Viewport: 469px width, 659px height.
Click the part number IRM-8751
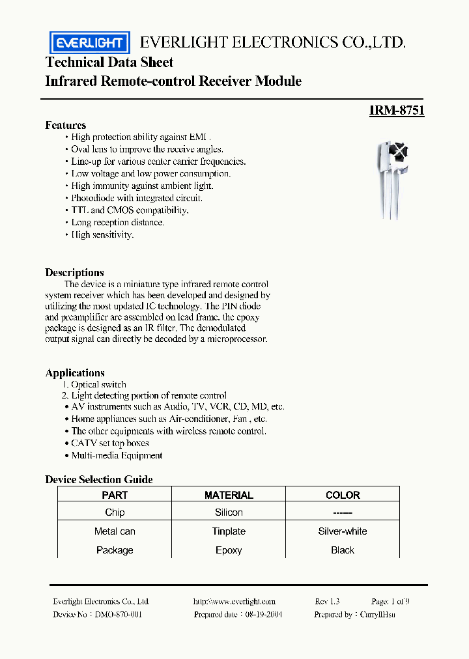pos(396,111)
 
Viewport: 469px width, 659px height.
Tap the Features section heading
pos(65,125)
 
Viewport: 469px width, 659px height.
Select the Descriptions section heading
pos(74,272)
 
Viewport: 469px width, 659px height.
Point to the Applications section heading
pos(75,372)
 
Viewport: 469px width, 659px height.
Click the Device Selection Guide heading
pos(99,479)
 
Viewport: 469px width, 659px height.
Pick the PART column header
pos(115,495)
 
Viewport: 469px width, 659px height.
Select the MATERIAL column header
pos(229,495)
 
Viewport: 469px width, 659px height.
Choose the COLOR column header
pos(343,495)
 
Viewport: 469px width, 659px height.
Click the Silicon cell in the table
pos(229,512)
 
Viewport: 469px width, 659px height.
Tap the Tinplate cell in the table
pos(229,531)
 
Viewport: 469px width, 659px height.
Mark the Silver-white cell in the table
pos(343,531)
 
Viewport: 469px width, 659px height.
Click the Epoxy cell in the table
pos(229,550)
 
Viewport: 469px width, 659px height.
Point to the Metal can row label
pos(115,531)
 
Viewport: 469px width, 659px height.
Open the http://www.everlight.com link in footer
pos(234,602)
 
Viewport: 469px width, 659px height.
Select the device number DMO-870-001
pos(118,614)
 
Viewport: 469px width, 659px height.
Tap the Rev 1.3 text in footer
pos(327,602)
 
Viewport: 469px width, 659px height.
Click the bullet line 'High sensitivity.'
pos(102,234)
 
